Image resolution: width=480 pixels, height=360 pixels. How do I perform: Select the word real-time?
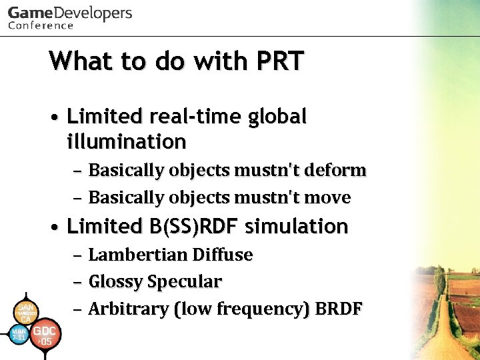(199, 117)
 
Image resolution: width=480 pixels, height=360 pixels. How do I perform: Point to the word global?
(277, 117)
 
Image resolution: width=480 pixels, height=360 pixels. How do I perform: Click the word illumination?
(127, 141)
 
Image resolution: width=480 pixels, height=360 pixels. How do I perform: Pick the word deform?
(337, 170)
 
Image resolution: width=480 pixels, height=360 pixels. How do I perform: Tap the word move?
(328, 197)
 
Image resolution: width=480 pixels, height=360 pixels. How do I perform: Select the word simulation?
(297, 226)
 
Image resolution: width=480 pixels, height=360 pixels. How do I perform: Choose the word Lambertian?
(137, 255)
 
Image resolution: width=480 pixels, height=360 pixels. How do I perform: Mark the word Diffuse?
(222, 255)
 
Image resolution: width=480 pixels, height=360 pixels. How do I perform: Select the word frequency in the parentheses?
(267, 309)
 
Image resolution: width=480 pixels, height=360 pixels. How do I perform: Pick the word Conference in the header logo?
(41, 26)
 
